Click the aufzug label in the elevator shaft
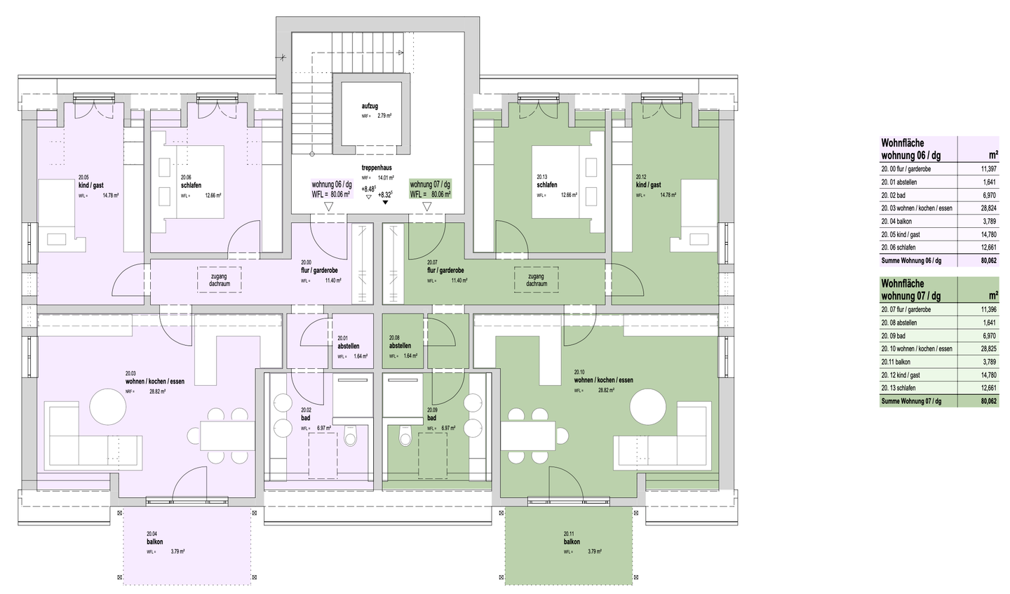click(370, 105)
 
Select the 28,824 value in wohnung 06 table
click(988, 208)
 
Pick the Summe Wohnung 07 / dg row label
click(910, 401)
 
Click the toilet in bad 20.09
click(405, 436)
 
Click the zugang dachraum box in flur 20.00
click(220, 280)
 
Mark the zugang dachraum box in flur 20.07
click(537, 280)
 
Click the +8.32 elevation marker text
click(384, 194)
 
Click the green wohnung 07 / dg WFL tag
click(430, 189)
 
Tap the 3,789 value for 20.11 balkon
click(988, 362)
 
